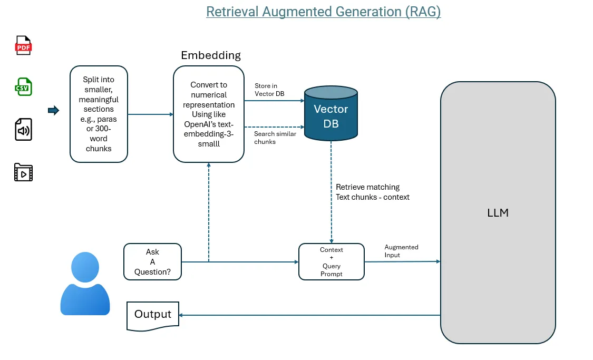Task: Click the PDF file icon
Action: [x=23, y=46]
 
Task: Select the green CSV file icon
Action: [x=23, y=87]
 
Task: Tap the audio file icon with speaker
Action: [x=23, y=130]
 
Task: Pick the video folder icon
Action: [x=23, y=172]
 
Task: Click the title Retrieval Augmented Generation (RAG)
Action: [x=323, y=12]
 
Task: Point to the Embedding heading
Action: [x=210, y=55]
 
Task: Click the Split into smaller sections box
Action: [x=99, y=114]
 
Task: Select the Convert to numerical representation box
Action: [x=209, y=114]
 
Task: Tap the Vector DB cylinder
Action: [x=331, y=115]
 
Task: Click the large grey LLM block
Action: [x=498, y=213]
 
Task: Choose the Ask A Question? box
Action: [x=152, y=262]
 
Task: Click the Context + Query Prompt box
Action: [x=331, y=262]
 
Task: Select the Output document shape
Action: [x=153, y=315]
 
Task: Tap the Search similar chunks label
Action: [x=275, y=138]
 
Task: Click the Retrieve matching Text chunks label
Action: [x=372, y=192]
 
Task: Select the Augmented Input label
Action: [x=401, y=251]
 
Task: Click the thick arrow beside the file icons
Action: [x=53, y=110]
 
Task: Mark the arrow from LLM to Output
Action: [x=309, y=315]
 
